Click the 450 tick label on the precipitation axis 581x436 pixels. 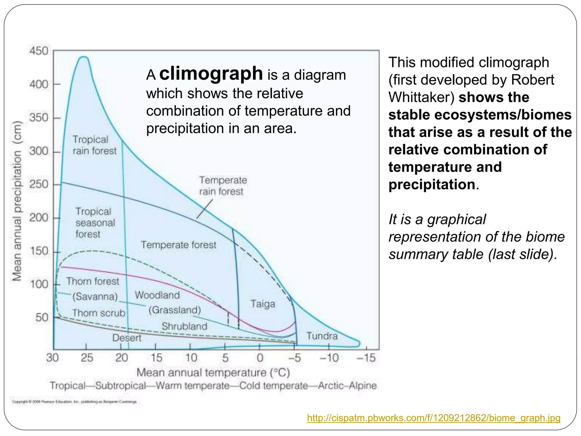click(39, 51)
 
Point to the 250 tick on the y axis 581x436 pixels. click(39, 185)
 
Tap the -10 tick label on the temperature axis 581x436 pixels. click(329, 358)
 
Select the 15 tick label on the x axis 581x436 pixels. click(156, 358)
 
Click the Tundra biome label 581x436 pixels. click(322, 336)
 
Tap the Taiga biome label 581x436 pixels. click(263, 304)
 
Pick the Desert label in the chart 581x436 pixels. click(127, 338)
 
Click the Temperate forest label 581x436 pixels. click(178, 245)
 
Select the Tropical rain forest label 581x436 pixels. click(94, 145)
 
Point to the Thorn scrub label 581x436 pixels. click(98, 313)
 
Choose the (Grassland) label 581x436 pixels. click(175, 310)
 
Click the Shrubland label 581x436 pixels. click(184, 326)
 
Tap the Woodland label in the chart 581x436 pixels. click(157, 295)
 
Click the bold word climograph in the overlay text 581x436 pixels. click(211, 74)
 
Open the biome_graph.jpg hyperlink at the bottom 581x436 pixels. click(433, 418)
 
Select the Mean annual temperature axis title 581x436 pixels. click(213, 373)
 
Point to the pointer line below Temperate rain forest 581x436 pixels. click(205, 209)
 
